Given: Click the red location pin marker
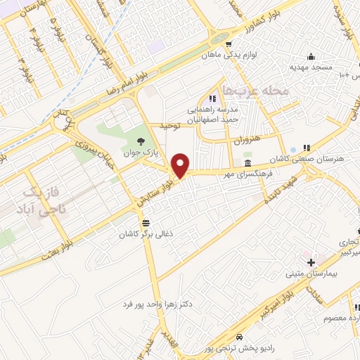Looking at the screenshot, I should pyautogui.click(x=181, y=165).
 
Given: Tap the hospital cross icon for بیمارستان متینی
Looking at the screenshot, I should pyautogui.click(x=311, y=262).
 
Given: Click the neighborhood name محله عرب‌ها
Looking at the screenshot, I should pyautogui.click(x=245, y=91).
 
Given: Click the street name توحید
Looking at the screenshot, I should pyautogui.click(x=169, y=125).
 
